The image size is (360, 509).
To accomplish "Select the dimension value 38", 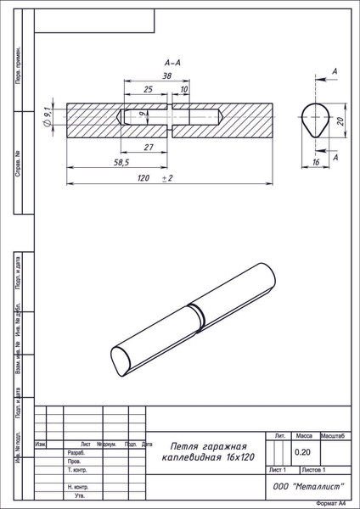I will tap(167, 76).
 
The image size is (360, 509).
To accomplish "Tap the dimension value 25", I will tap(149, 89).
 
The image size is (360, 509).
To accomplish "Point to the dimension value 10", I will tap(184, 89).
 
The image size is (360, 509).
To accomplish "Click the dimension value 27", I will tap(149, 148).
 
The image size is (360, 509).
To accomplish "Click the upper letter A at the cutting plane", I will tap(336, 74).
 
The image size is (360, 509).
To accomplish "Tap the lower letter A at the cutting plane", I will tap(336, 159).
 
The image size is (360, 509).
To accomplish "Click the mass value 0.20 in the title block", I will tap(302, 452).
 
